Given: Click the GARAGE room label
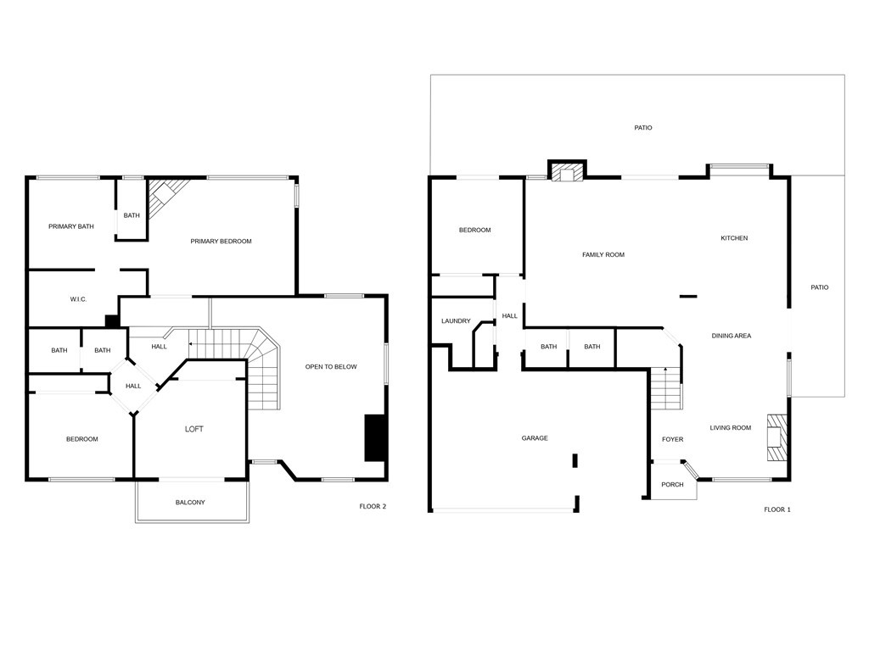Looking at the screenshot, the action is tap(535, 438).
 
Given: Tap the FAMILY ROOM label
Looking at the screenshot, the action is tap(603, 254).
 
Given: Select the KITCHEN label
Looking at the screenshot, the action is tap(734, 238).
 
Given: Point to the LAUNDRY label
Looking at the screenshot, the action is tap(456, 321).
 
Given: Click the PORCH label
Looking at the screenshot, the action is tap(672, 484).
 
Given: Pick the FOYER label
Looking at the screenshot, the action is tap(672, 440).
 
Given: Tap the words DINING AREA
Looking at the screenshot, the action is tap(731, 336).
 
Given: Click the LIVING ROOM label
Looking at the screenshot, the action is tap(731, 427).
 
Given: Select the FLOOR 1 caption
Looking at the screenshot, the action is tap(777, 509).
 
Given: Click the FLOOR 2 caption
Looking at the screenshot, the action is tap(373, 506).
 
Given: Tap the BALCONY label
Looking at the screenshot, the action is tap(190, 502).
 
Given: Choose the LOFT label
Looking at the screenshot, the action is tap(194, 429).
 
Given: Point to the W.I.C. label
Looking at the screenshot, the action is tap(78, 299).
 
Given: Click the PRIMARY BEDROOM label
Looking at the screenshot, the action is tap(221, 242).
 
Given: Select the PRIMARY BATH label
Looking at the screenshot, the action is tap(71, 226).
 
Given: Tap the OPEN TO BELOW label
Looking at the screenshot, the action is tap(331, 366).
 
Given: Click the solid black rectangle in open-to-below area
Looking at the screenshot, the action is tap(374, 437).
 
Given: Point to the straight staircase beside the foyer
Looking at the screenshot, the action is tap(665, 388).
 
